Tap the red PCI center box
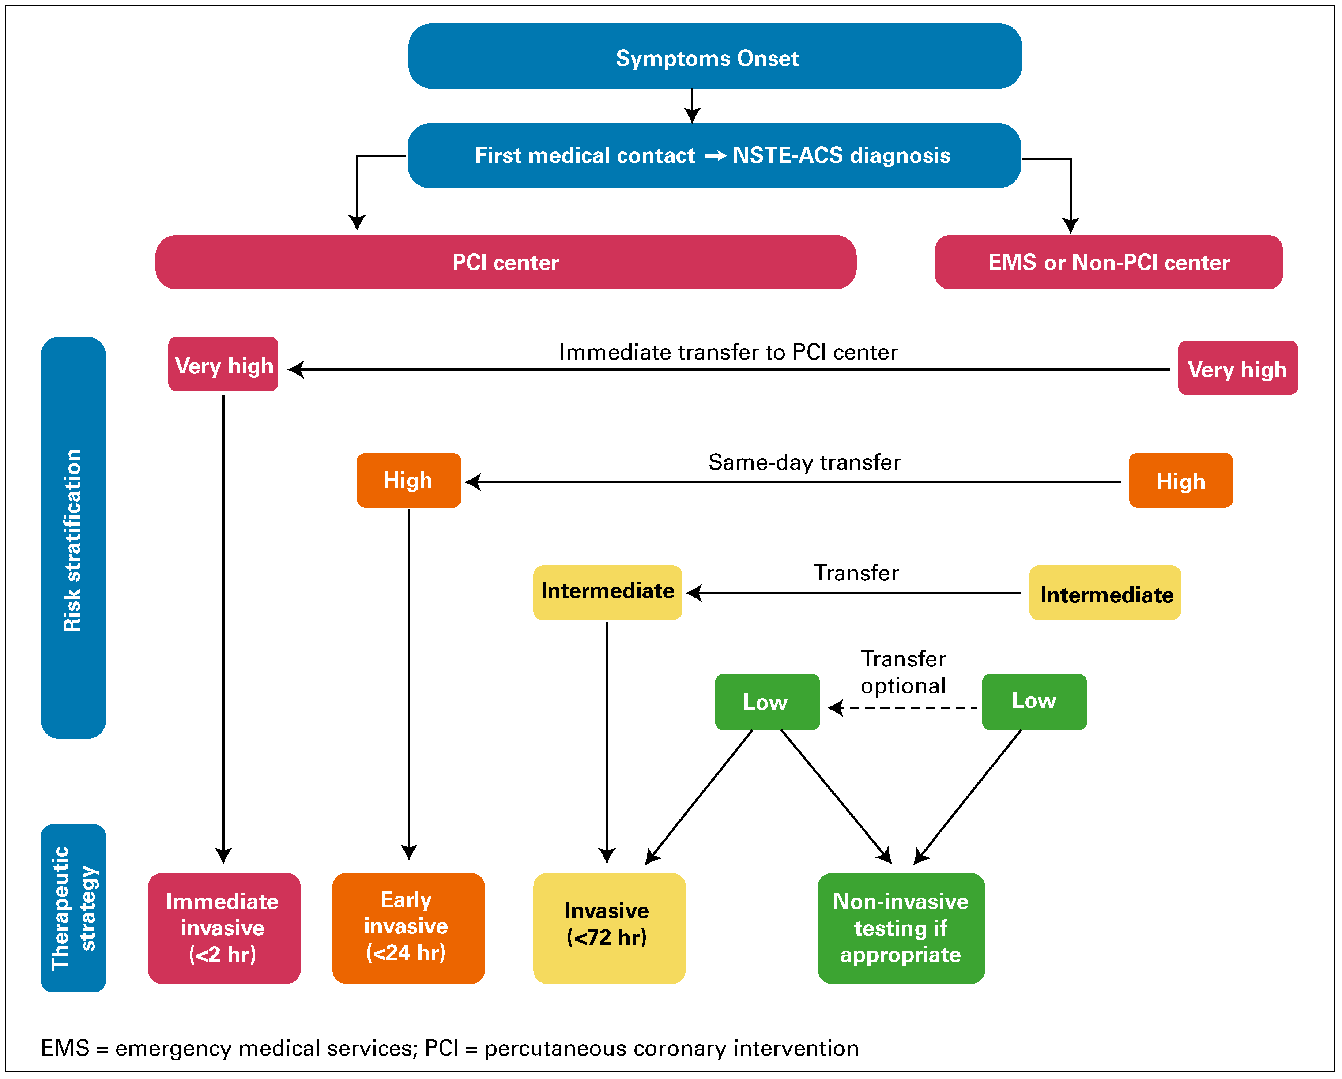tap(505, 262)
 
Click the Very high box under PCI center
tap(223, 364)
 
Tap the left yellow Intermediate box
tap(607, 592)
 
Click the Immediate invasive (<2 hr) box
tap(223, 928)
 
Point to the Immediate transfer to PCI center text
tap(728, 352)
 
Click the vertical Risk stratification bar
tap(73, 537)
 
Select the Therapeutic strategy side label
tap(73, 908)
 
